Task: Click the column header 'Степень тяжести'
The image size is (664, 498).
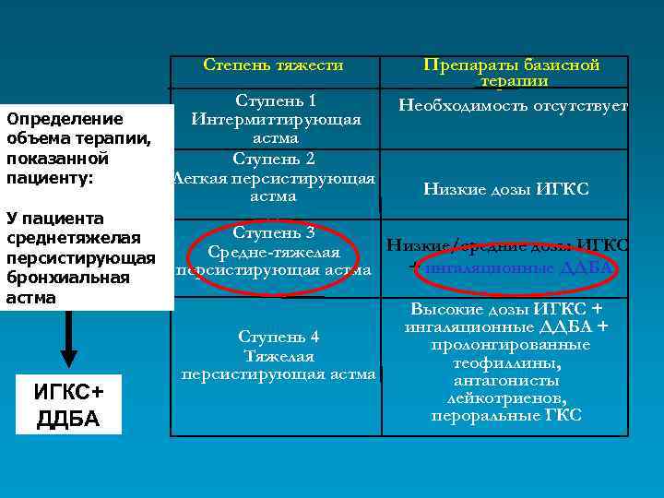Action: pos(273,65)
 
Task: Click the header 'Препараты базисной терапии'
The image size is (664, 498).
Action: pos(512,72)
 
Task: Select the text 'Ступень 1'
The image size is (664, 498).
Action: pos(276,100)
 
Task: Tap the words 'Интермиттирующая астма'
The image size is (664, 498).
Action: pos(275,128)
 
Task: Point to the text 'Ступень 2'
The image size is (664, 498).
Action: pos(274,158)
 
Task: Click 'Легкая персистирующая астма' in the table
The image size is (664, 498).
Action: pos(274,186)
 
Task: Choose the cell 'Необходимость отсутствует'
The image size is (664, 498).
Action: pos(512,105)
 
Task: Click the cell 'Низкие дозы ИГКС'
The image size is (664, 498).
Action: pos(505,189)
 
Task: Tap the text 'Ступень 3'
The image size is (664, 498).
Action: pos(274,232)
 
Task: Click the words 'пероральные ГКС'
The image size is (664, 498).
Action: pos(506,415)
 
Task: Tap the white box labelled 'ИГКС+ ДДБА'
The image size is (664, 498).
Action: pos(68,405)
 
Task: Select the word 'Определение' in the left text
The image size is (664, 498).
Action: pos(65,118)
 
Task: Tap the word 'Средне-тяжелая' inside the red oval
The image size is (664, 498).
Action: pos(274,252)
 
